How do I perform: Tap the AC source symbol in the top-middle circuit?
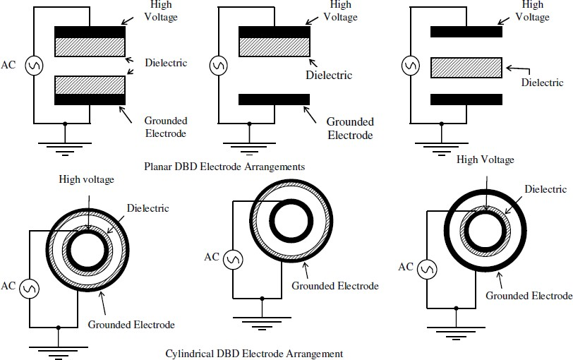(x=218, y=66)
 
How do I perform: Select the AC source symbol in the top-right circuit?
(x=409, y=66)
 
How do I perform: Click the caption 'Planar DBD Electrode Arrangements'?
(x=224, y=167)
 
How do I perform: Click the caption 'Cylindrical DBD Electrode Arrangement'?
(x=254, y=353)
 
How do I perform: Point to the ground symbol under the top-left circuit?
(x=65, y=146)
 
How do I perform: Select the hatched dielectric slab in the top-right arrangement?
(x=466, y=67)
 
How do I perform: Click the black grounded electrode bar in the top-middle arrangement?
(x=274, y=99)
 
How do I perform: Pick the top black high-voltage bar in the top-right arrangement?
(x=466, y=32)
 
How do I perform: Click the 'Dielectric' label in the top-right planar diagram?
(x=543, y=82)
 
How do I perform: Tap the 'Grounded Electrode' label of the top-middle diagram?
(x=350, y=128)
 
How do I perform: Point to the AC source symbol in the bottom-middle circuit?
(x=233, y=260)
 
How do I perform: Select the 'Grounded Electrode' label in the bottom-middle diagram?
(x=335, y=286)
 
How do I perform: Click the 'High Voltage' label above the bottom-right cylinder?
(x=485, y=160)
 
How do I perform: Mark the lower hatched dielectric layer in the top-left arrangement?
(x=90, y=84)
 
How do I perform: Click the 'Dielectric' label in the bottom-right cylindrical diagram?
(x=546, y=189)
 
